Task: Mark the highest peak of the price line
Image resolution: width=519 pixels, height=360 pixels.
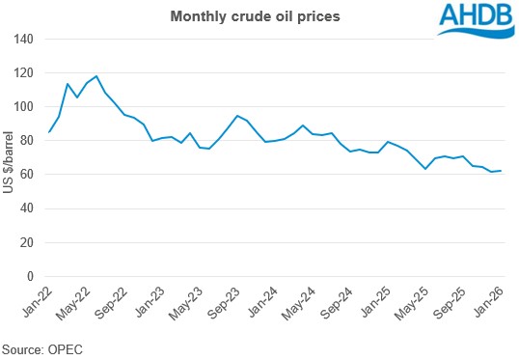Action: [x=96, y=75]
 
